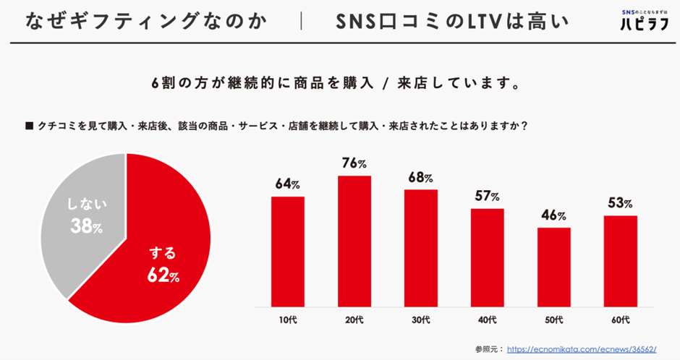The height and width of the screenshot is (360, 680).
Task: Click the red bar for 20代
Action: tap(354, 241)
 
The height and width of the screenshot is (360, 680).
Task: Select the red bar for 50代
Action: tap(554, 267)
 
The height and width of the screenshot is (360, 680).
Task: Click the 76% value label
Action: tap(354, 163)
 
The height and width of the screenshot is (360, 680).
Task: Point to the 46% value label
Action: tap(554, 215)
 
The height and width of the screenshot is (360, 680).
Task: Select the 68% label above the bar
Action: tap(421, 177)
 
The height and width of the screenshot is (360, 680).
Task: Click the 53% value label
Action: tap(621, 203)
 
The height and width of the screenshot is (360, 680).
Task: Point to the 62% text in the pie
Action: tap(163, 276)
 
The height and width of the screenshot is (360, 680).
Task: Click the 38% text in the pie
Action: tap(86, 228)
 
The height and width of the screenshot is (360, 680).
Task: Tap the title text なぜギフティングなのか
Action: tap(145, 20)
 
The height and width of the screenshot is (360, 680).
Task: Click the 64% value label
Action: tap(288, 184)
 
